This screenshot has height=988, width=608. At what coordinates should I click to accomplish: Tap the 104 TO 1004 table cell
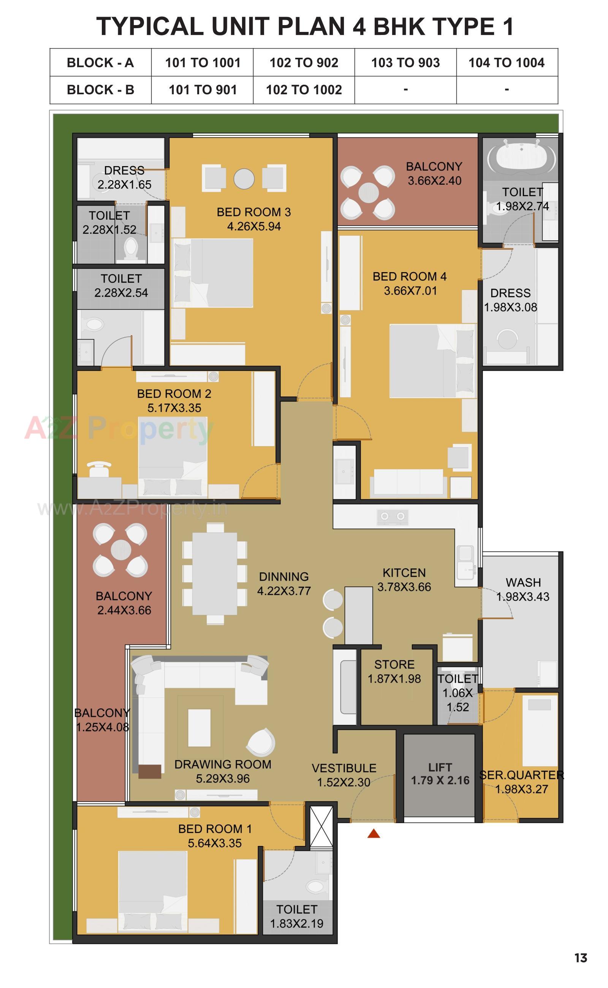507,63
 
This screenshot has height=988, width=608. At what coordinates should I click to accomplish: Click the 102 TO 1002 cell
304,90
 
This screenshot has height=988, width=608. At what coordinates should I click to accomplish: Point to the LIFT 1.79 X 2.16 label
440,774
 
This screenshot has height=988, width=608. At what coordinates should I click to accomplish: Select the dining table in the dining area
214,574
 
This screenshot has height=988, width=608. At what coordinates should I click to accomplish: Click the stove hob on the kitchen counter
393,516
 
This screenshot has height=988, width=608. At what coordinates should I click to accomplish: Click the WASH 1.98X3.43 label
523,589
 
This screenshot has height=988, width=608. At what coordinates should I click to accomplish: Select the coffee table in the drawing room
199,728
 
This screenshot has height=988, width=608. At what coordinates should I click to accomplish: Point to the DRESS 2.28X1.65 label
124,177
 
